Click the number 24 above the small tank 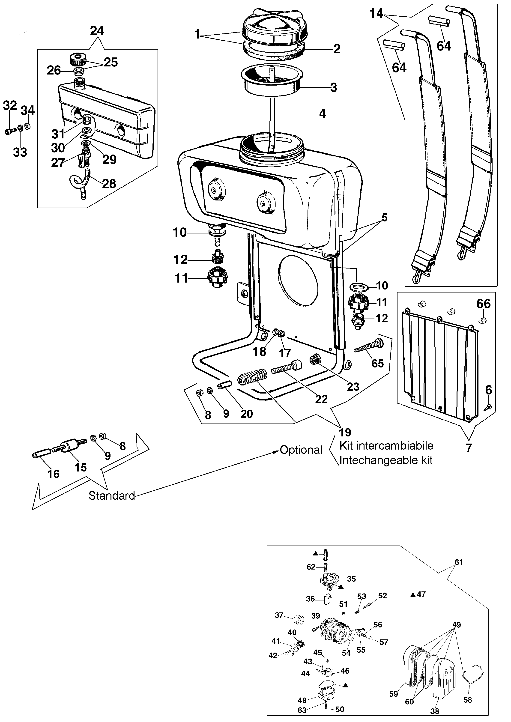pos(97,31)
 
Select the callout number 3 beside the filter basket pos(334,87)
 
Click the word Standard pos(112,495)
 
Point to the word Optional pos(301,450)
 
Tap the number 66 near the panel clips pos(483,304)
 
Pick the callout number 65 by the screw pos(378,363)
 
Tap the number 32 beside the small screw pos(10,105)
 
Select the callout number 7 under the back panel pos(469,448)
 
